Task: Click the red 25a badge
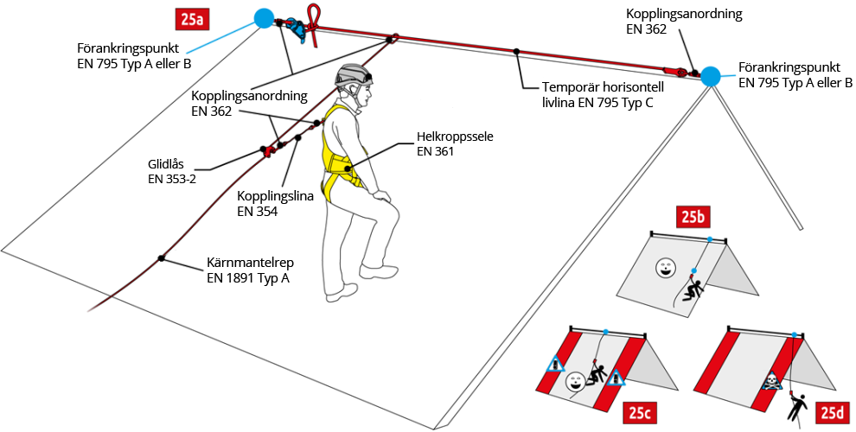(x=195, y=17)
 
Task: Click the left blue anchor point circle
(x=264, y=17)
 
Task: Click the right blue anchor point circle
(x=710, y=76)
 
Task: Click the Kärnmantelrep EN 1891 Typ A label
(x=247, y=270)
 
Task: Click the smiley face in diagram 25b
(x=664, y=267)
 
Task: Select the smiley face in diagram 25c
(x=574, y=381)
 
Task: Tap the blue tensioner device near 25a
(x=297, y=29)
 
